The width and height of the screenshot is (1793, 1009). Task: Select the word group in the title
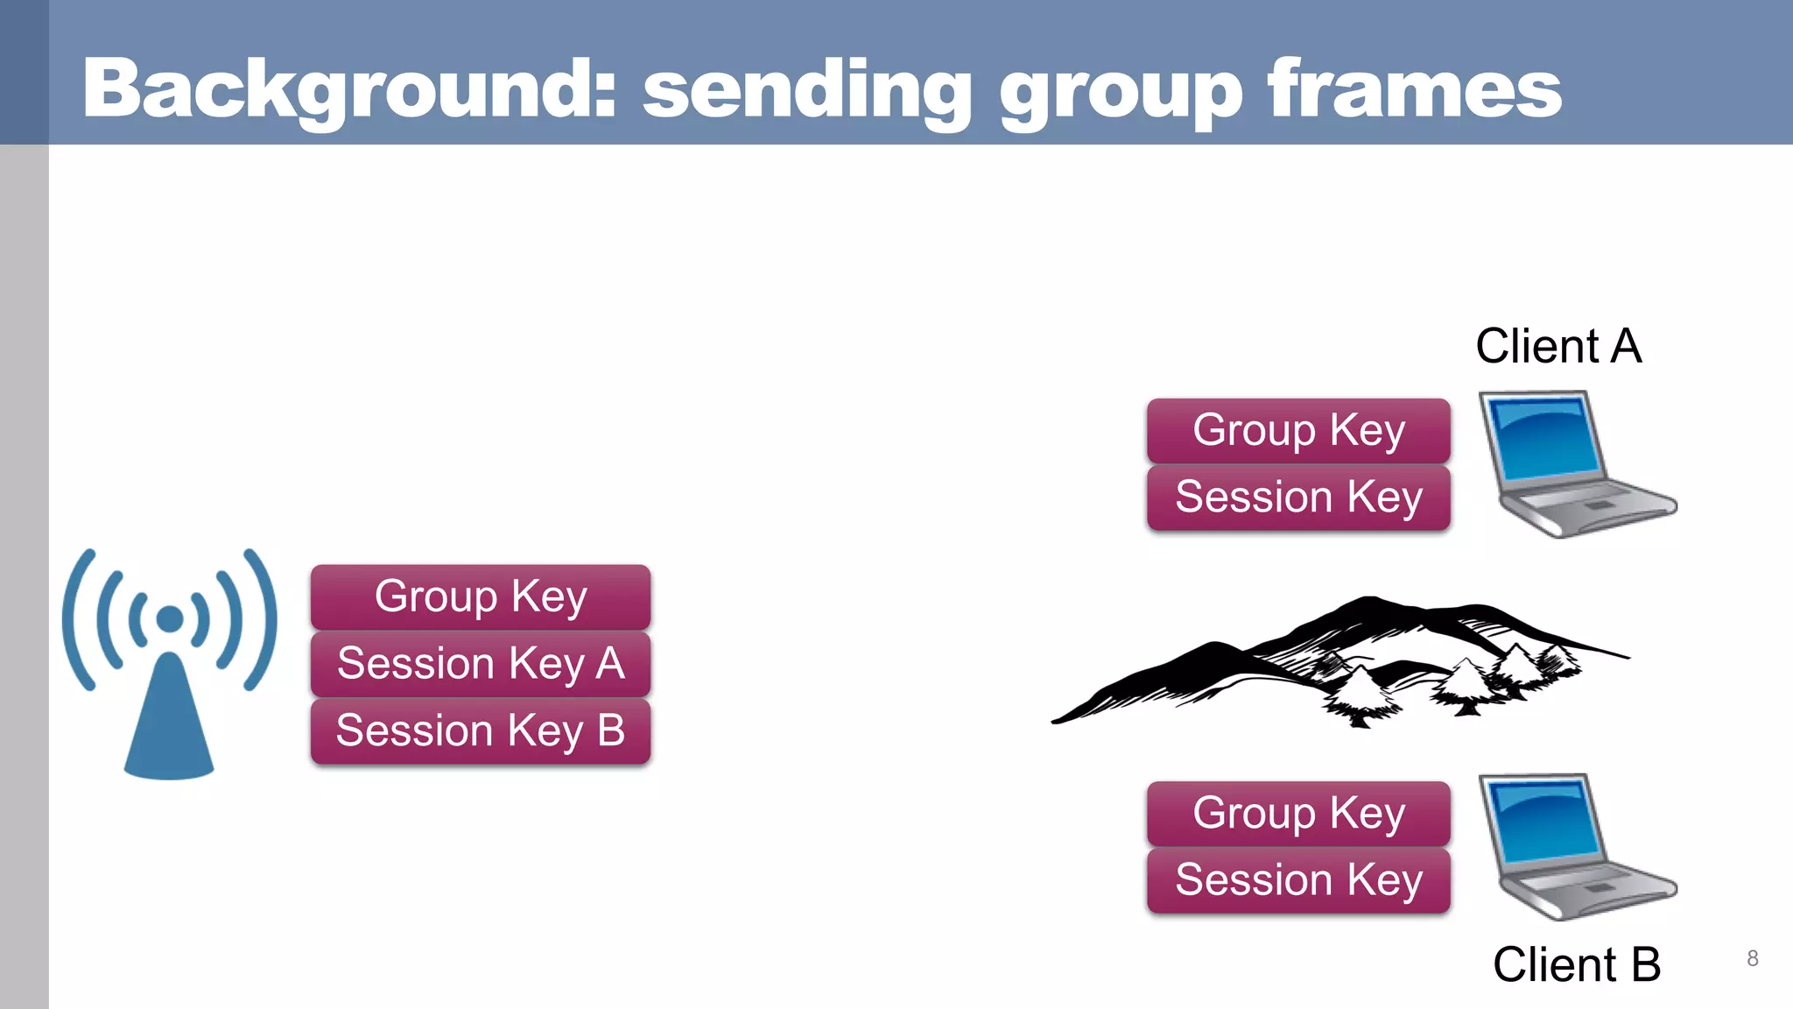coord(1121,92)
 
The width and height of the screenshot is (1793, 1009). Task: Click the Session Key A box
coord(480,663)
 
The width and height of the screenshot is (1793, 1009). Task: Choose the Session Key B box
coord(480,730)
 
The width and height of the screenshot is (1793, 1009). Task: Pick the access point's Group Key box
coord(480,596)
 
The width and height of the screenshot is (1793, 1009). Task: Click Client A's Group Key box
coord(1298,430)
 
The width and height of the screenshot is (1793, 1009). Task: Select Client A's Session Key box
coord(1298,497)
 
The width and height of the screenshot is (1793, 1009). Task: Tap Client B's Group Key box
coord(1298,813)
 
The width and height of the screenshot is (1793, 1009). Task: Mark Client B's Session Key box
coord(1298,879)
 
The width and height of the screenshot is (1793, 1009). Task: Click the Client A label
coord(1558,346)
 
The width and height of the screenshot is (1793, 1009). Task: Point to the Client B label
coord(1576,964)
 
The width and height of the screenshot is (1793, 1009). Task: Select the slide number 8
coord(1752,958)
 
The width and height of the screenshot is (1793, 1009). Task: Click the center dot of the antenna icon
coord(170,619)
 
